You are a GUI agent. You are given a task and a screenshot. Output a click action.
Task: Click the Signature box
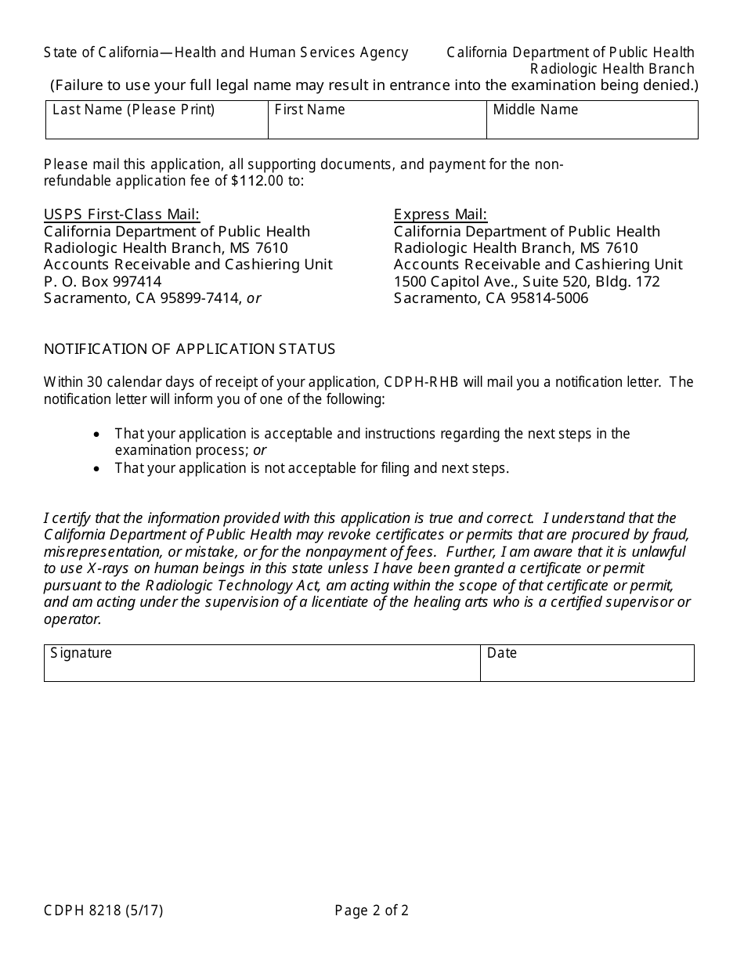pos(262,668)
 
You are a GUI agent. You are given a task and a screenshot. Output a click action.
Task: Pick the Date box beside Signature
pos(587,668)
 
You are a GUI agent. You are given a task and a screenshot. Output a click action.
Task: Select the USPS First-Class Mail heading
pos(121,215)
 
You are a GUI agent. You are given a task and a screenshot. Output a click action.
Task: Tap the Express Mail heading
pos(440,215)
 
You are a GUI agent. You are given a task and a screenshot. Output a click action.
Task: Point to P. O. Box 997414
pos(103,281)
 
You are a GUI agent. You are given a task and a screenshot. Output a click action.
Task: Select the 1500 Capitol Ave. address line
pos(526,281)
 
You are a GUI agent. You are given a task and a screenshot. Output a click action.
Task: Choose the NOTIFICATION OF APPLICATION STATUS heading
pos(190,349)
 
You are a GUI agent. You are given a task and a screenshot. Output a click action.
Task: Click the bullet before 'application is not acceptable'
pos(96,469)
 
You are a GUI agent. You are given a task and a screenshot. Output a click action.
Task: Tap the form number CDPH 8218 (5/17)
pos(103,911)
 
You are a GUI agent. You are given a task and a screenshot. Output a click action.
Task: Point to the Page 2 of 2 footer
pos(371,911)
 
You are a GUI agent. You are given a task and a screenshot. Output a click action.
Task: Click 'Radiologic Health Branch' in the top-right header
pos(612,69)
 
